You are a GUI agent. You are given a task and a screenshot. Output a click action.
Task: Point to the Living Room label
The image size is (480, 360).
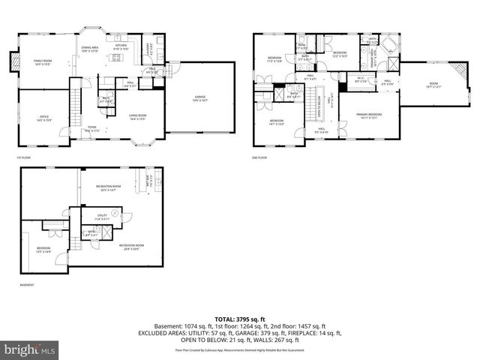point(137,116)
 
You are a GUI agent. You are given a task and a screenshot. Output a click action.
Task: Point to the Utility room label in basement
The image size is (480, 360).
point(91,217)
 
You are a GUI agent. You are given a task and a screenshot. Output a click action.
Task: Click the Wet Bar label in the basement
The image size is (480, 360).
point(148,179)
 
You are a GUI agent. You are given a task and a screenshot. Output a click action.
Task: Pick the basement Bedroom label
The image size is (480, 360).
point(44,250)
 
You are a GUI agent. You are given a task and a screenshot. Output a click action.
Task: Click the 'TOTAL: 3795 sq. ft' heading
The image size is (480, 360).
point(239,319)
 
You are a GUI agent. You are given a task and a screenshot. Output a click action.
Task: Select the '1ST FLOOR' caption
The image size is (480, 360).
point(23,157)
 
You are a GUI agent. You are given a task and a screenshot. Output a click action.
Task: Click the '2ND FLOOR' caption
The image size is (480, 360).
point(260,157)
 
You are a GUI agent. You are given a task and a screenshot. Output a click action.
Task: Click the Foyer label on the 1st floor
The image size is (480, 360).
point(92,128)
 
